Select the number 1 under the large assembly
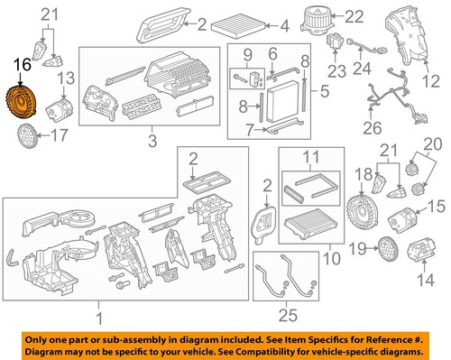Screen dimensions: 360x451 tap(100, 318)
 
